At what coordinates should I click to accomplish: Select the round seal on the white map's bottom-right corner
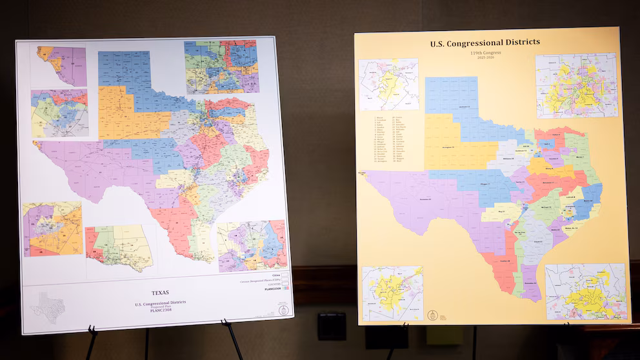click(282, 310)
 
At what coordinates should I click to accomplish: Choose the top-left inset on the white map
click(61, 66)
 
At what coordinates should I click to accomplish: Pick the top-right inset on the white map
click(221, 67)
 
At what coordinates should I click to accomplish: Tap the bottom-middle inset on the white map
click(119, 248)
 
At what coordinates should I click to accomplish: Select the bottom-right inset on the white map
click(252, 246)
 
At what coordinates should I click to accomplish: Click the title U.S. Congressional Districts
click(485, 43)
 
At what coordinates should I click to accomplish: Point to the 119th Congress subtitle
click(485, 54)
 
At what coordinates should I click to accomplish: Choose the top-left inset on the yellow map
click(388, 85)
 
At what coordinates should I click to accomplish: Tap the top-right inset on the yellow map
click(575, 85)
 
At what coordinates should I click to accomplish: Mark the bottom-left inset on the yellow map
click(392, 293)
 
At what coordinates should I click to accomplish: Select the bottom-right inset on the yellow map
click(585, 291)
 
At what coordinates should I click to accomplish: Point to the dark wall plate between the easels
click(332, 325)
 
